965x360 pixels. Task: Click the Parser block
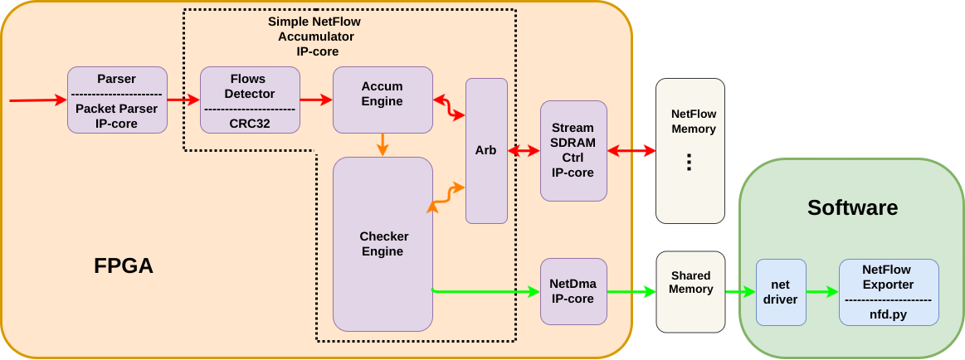tap(117, 100)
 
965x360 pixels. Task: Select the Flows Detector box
tap(250, 100)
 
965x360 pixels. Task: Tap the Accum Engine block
tap(383, 100)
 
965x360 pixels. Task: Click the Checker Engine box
tap(383, 245)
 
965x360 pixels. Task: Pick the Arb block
tap(486, 151)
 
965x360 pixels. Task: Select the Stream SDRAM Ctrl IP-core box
tap(573, 151)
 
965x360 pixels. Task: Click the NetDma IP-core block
tap(573, 291)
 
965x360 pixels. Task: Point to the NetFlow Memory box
tap(690, 151)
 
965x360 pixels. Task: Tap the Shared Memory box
tap(690, 291)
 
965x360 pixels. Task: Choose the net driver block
tap(780, 292)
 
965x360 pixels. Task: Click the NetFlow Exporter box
tap(889, 292)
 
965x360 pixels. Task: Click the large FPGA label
tap(124, 266)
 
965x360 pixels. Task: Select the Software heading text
tap(852, 207)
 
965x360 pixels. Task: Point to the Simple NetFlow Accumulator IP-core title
tap(314, 36)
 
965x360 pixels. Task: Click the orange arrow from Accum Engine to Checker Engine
tap(383, 144)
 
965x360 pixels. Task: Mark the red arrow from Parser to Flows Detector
tap(183, 100)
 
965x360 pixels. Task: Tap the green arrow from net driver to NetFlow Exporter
tap(821, 292)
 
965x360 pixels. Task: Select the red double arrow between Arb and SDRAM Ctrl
tap(524, 151)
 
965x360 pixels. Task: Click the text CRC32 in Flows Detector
tap(250, 123)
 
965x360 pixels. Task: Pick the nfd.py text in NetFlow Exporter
tap(889, 314)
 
